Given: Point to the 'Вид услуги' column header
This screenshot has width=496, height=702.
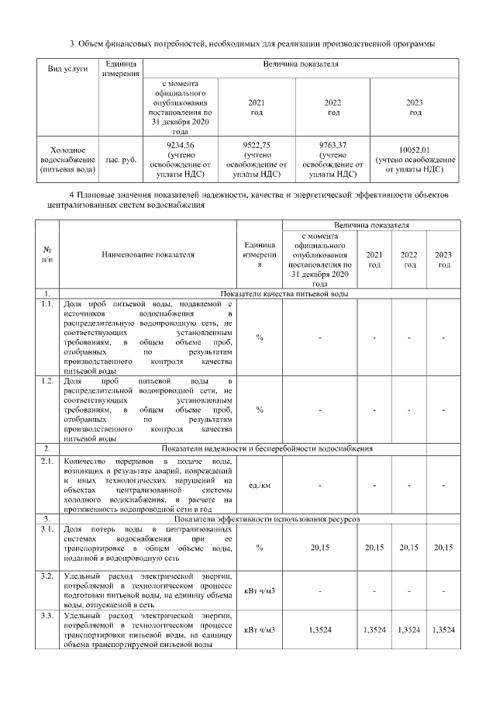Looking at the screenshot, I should [x=67, y=68].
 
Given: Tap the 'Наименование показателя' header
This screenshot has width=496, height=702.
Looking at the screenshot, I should [x=147, y=254].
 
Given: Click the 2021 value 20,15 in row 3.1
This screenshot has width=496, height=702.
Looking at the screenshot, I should [x=374, y=548].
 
